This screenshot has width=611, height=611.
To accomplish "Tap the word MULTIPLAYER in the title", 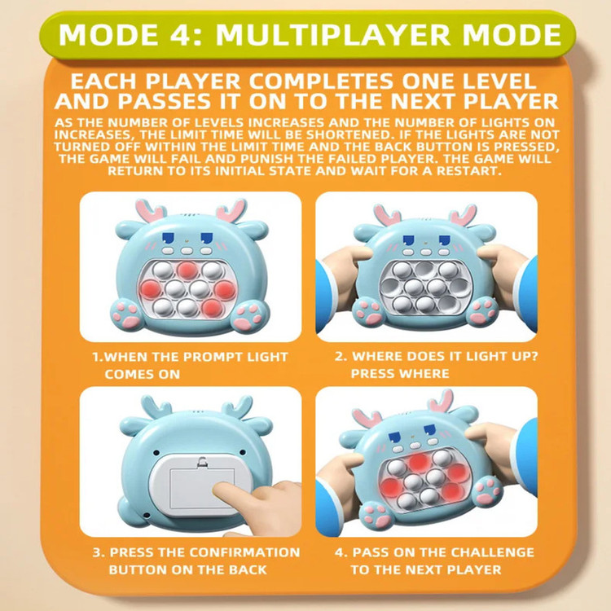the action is tap(332, 35).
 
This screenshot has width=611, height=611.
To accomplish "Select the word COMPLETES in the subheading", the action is tap(321, 81).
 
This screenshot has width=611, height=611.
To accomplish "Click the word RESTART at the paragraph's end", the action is tap(468, 171).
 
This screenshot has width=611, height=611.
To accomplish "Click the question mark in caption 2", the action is tap(534, 356).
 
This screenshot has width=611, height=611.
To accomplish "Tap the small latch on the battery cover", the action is tap(202, 462).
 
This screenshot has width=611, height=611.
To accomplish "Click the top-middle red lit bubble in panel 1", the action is tap(187, 270).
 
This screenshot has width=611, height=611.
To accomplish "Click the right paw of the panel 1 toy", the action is tap(249, 316).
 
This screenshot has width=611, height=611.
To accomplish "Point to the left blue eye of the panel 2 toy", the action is tap(408, 241).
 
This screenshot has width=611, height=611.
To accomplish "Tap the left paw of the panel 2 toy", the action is tap(368, 312).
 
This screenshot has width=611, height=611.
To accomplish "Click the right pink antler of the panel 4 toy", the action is tap(440, 402).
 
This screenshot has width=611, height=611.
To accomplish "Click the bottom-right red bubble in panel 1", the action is tap(213, 307).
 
